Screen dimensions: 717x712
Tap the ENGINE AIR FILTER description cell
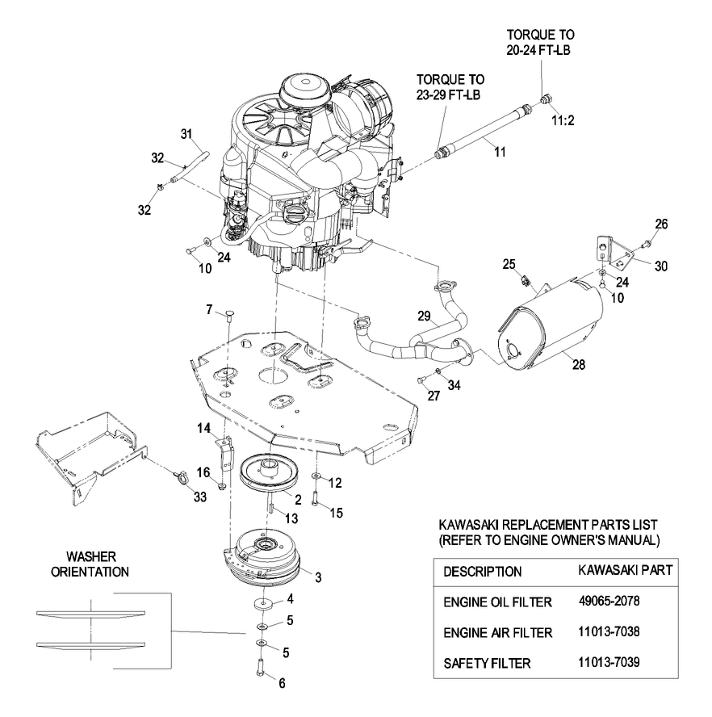pyautogui.click(x=497, y=632)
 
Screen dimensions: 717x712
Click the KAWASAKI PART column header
pyautogui.click(x=626, y=570)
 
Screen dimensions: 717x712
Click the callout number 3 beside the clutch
pyautogui.click(x=318, y=578)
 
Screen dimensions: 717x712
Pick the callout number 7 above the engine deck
pyautogui.click(x=208, y=309)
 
